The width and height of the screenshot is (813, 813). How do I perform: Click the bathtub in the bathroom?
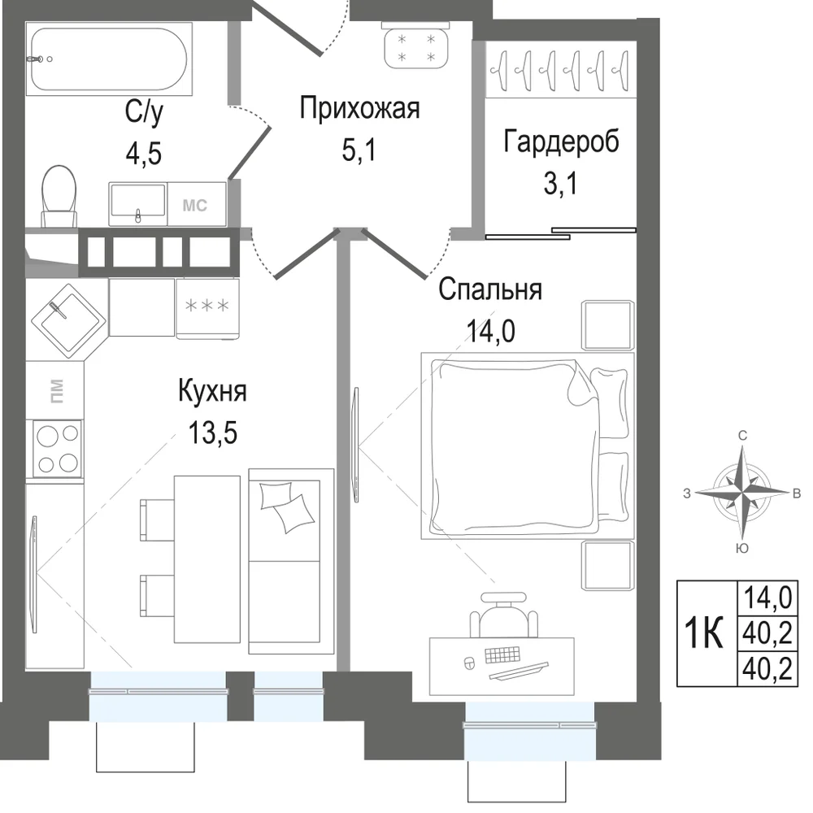109,59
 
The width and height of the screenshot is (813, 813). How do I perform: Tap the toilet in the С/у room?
59,197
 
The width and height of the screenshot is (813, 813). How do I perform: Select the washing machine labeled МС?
197,204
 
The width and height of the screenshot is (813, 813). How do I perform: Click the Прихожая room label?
359,108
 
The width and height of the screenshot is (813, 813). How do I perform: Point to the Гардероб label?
561,141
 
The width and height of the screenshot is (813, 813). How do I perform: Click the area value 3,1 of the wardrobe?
560,183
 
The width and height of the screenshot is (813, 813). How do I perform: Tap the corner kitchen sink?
69,320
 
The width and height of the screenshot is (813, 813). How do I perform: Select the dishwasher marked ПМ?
54,390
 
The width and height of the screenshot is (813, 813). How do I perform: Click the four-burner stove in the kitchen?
57,449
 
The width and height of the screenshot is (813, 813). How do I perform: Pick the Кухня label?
212,392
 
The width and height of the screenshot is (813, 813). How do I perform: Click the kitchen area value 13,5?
212,433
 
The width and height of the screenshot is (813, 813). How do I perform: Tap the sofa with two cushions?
291,561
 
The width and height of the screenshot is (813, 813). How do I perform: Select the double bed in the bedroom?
528,446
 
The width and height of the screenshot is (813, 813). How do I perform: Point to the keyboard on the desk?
502,654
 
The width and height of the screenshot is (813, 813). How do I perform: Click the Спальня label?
490,290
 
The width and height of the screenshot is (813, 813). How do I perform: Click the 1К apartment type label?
703,633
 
